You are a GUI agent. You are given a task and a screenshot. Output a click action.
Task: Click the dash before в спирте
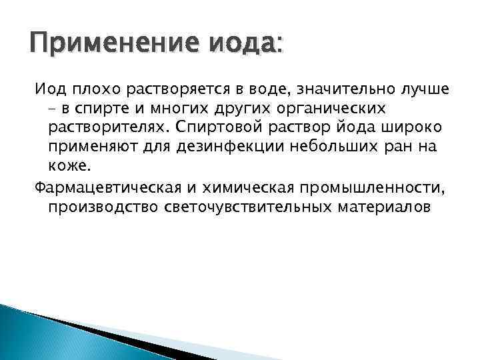pos(53,109)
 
